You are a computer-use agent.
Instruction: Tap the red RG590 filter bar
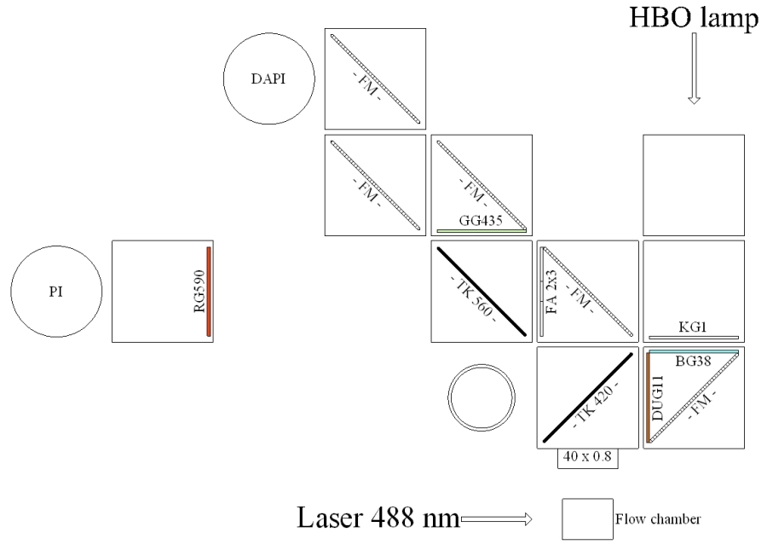(x=208, y=292)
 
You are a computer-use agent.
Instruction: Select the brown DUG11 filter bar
(x=649, y=397)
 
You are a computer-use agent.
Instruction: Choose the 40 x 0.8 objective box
(x=588, y=458)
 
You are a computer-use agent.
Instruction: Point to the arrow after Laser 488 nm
(x=495, y=518)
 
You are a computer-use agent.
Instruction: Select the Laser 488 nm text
(x=377, y=518)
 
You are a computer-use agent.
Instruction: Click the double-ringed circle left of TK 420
(x=482, y=397)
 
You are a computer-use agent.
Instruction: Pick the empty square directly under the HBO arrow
(x=694, y=185)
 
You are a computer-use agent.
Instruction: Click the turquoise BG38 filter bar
(x=694, y=351)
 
